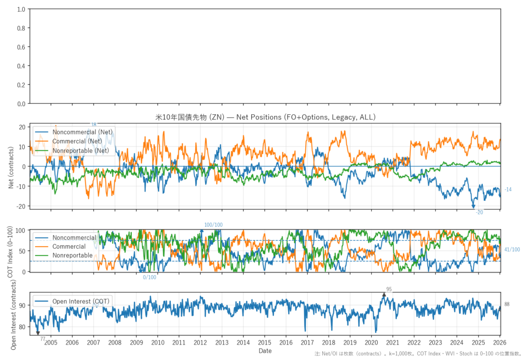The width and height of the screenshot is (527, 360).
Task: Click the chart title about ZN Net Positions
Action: pos(265,117)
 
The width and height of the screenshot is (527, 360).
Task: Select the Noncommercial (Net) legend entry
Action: pos(82,132)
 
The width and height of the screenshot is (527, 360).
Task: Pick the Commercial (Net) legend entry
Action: pos(77,141)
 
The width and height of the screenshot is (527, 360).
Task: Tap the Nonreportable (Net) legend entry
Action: pos(81,150)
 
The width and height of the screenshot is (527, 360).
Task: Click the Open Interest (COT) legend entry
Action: pos(81,301)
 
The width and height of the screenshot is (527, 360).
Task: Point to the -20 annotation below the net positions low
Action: pos(479,212)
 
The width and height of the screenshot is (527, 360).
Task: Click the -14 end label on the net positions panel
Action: pos(508,190)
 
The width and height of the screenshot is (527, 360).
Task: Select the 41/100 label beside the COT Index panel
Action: pos(512,250)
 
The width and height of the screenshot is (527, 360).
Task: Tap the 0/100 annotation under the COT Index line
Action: pos(149,278)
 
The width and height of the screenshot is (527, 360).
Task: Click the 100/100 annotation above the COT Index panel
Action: pos(214,225)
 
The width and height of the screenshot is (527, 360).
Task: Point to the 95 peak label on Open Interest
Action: pos(389,289)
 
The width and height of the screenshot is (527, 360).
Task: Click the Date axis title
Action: pos(265,351)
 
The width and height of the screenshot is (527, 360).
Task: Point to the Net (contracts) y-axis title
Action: pos(11,166)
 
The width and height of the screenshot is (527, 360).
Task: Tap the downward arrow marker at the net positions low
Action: pos(473,206)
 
